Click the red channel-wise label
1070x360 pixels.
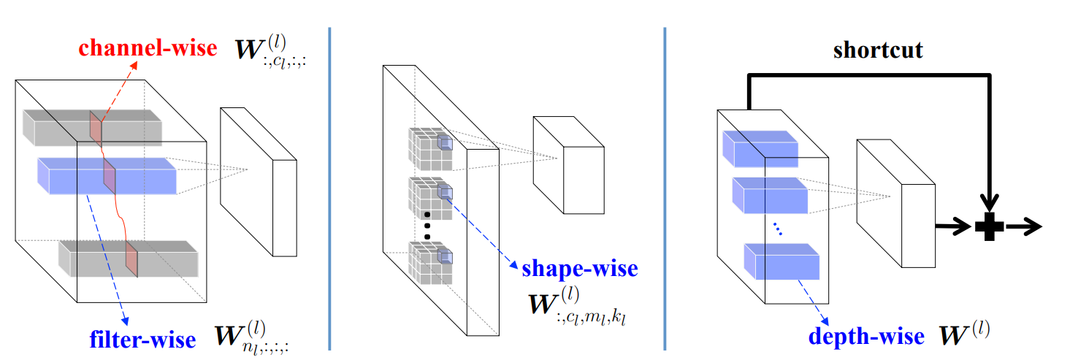[x=148, y=48]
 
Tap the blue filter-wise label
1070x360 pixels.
[x=144, y=339]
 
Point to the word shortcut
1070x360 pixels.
[x=878, y=50]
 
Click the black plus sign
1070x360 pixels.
[x=989, y=227]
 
